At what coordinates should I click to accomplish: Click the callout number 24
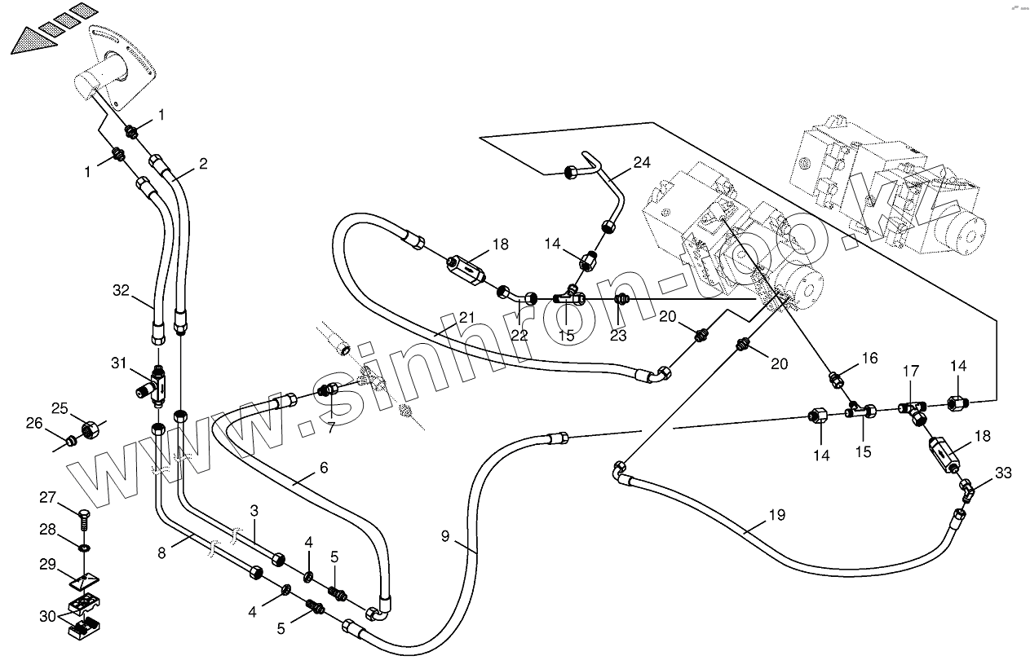(642, 163)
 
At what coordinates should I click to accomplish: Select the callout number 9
(445, 536)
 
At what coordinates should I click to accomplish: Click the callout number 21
(466, 317)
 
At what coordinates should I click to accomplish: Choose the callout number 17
(909, 372)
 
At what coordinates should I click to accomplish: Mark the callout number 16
(869, 358)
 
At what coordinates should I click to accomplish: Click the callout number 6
(323, 468)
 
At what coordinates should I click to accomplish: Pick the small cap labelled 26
(72, 442)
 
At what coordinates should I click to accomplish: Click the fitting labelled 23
(621, 299)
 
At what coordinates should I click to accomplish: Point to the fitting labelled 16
(836, 379)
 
